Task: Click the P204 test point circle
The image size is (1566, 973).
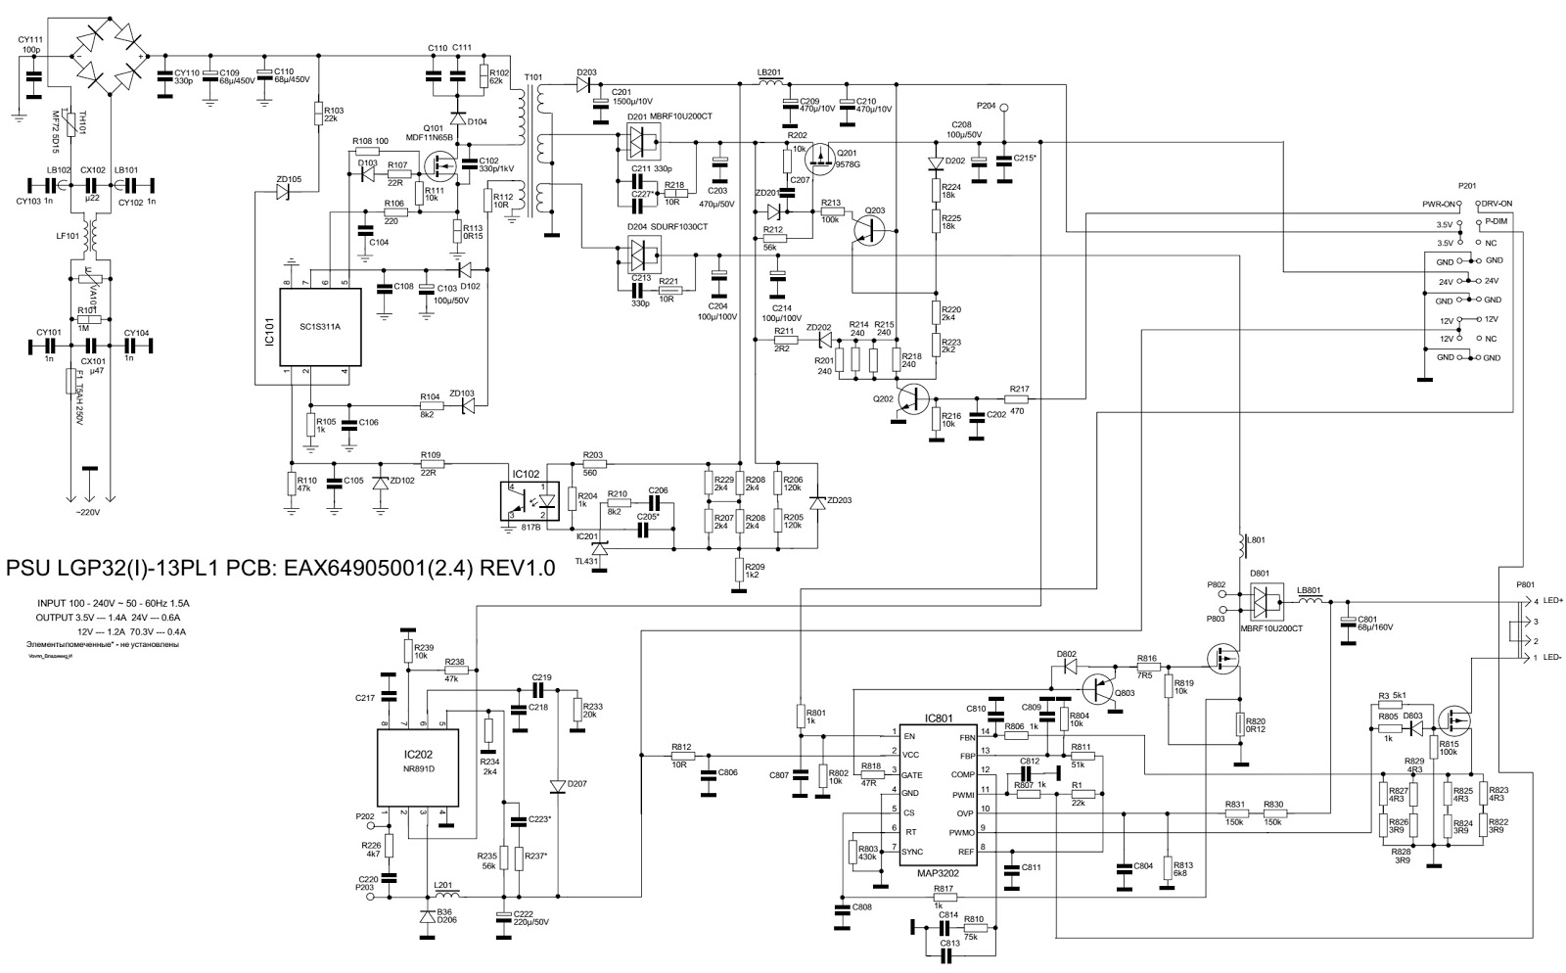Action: [1003, 107]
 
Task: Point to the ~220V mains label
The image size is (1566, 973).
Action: [90, 512]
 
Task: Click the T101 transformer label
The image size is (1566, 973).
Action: [532, 77]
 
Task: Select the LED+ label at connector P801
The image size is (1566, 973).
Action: [1554, 601]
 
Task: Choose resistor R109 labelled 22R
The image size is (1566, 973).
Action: [430, 465]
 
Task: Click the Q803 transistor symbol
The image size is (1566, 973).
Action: [1102, 692]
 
